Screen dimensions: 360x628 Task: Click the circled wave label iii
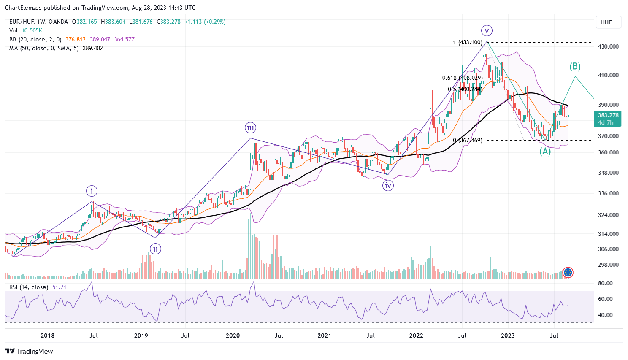click(x=251, y=128)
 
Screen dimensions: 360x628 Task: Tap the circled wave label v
click(x=487, y=30)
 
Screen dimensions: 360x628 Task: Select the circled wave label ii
click(x=156, y=249)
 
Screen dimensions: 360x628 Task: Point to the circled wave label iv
click(x=388, y=185)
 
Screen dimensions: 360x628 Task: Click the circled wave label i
click(x=92, y=191)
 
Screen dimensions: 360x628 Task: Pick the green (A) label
click(x=545, y=151)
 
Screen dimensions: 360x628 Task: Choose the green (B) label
click(x=575, y=66)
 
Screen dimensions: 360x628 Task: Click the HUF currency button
click(x=606, y=22)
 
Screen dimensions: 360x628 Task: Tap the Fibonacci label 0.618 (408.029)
click(x=462, y=78)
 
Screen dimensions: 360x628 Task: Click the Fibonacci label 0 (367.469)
click(x=468, y=140)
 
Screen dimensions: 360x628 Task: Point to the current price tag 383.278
click(x=608, y=115)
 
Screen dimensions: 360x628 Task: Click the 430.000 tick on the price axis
click(x=608, y=46)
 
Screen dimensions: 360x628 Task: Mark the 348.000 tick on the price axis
click(x=608, y=173)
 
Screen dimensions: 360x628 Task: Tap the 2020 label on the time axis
click(x=233, y=336)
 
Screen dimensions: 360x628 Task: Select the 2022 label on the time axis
click(x=417, y=336)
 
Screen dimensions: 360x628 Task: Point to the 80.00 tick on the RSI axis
click(x=605, y=283)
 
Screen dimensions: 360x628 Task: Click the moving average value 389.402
click(x=94, y=48)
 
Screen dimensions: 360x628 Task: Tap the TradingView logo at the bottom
click(x=29, y=351)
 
